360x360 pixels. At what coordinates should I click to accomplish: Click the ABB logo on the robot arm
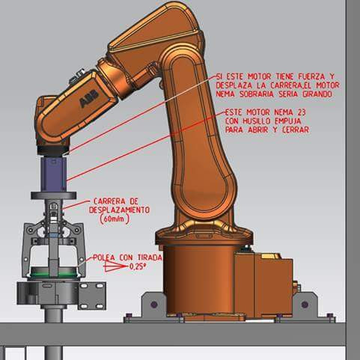click(x=89, y=98)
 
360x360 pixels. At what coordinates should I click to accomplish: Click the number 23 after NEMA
click(x=302, y=112)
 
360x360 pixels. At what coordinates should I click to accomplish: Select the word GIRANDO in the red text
click(x=317, y=94)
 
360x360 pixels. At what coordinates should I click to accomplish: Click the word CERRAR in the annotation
click(x=296, y=129)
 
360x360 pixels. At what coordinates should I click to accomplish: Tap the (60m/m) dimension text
click(x=115, y=219)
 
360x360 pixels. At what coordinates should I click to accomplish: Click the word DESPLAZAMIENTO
click(x=119, y=210)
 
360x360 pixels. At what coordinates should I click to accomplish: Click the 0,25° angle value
click(x=138, y=266)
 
